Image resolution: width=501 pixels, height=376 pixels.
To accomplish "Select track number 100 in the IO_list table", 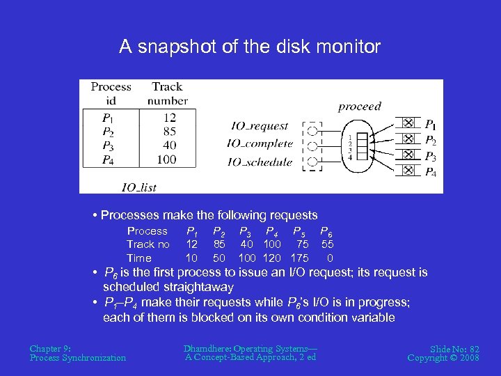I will click(167, 159).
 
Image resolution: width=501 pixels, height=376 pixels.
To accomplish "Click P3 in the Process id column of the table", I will click(108, 146).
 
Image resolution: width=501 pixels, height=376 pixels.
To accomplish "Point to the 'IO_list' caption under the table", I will click(138, 187).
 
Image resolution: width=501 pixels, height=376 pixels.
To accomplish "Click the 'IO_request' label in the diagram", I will click(260, 126).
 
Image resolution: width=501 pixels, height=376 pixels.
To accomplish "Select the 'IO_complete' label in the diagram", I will click(260, 143).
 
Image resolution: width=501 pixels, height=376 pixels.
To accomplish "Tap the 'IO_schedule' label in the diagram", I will click(260, 162).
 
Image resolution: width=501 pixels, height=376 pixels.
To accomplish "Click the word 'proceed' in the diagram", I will click(360, 107).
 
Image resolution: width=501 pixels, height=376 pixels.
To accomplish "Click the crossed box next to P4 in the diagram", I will click(408, 171).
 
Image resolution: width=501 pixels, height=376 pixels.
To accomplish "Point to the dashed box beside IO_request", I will click(314, 130).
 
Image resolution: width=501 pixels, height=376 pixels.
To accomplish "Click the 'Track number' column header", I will click(167, 93).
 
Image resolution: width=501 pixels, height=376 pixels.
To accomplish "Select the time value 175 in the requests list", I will click(300, 258).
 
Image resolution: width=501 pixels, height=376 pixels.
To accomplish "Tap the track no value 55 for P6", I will click(328, 244).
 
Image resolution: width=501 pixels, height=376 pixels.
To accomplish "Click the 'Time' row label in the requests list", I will click(138, 258).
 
